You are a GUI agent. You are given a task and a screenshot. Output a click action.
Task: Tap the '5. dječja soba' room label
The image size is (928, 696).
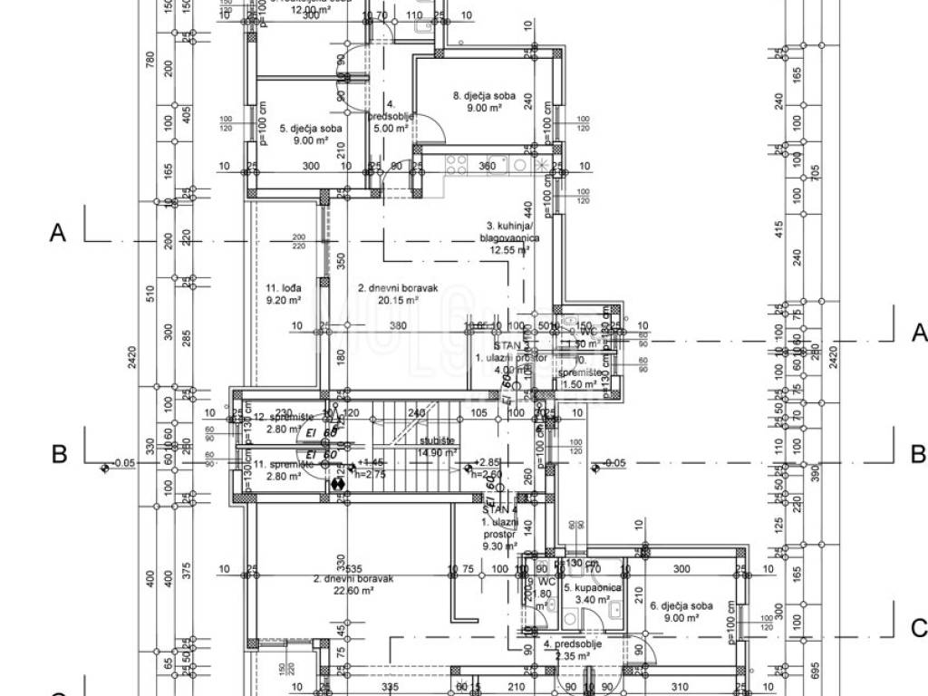pyautogui.click(x=310, y=128)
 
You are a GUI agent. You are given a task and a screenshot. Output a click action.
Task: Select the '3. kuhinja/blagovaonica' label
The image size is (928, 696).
pyautogui.click(x=509, y=232)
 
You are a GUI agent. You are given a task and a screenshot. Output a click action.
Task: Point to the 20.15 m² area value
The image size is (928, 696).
pyautogui.click(x=399, y=300)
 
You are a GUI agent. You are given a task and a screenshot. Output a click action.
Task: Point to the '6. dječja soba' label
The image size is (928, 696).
pyautogui.click(x=681, y=605)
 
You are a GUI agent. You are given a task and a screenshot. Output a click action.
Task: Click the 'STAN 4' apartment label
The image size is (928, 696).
pyautogui.click(x=499, y=511)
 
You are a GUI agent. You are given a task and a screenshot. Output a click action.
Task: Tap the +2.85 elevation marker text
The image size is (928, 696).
pyautogui.click(x=488, y=461)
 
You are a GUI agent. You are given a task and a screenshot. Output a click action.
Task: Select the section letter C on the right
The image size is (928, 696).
pyautogui.click(x=918, y=628)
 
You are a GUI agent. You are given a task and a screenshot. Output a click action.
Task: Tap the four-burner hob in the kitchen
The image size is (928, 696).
pyautogui.click(x=456, y=165)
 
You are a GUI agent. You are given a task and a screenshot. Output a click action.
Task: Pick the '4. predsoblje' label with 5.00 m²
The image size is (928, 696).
pyautogui.click(x=391, y=116)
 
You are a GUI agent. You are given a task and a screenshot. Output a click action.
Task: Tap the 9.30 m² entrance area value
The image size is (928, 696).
pyautogui.click(x=500, y=546)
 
